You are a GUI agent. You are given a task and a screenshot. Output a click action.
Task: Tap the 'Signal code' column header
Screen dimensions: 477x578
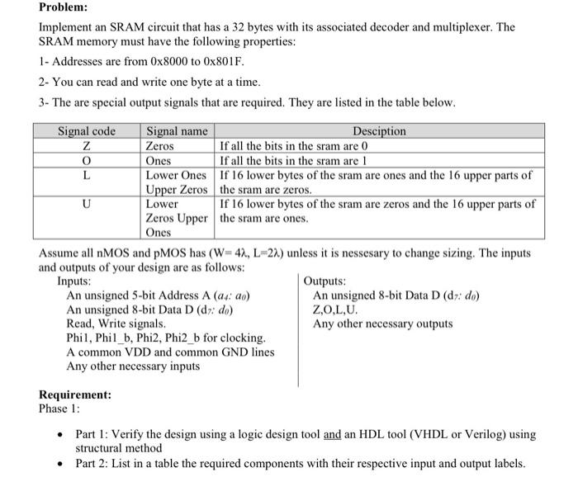pyautogui.click(x=87, y=131)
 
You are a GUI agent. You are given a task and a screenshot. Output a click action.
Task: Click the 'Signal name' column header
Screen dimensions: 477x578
pyautogui.click(x=177, y=131)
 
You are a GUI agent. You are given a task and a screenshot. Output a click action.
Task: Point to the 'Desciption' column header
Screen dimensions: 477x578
pyautogui.click(x=379, y=131)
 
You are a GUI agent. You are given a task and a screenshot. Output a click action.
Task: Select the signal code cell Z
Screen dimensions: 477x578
pyautogui.click(x=87, y=146)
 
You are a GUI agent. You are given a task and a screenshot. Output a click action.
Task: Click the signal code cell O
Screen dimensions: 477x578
pyautogui.click(x=87, y=161)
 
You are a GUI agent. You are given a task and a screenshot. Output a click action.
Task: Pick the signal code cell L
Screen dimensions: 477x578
pyautogui.click(x=87, y=175)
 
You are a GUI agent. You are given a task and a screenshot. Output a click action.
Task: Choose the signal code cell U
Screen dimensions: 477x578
pyautogui.click(x=87, y=204)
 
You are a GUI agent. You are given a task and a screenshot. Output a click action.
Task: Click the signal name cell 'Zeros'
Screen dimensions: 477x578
pyautogui.click(x=161, y=146)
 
